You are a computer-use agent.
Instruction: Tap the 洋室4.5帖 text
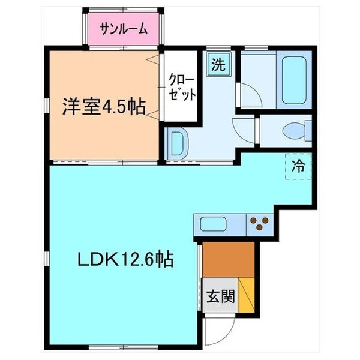pos(104,108)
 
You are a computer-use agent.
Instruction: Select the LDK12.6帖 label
pos(125,259)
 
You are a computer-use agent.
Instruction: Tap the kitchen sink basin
pos(212,226)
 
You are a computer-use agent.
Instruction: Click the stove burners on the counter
pos(260,224)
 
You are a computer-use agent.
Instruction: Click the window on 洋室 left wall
pos(47,106)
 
